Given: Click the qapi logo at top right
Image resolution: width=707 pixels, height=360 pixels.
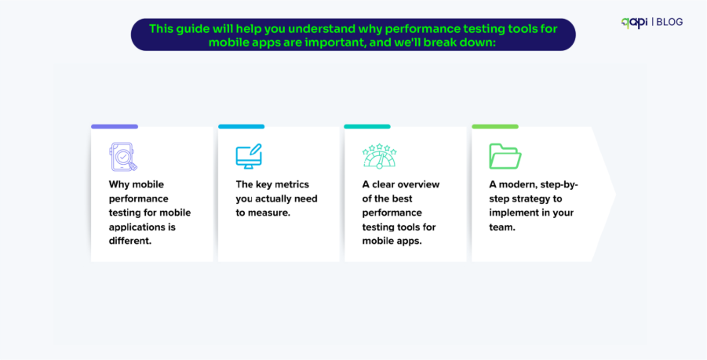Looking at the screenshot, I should click(x=634, y=22).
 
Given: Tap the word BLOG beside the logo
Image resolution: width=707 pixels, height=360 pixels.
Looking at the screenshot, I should click(x=669, y=22).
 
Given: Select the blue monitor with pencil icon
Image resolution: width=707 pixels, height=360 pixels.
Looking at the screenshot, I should click(x=249, y=156).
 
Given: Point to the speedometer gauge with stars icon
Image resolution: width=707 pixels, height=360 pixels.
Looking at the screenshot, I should click(x=379, y=156).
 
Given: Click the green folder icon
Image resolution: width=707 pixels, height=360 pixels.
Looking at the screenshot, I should click(x=505, y=156).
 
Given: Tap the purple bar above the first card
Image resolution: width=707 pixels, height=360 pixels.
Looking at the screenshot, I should click(x=115, y=126).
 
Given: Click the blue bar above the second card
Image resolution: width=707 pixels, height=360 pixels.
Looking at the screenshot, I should click(x=241, y=126).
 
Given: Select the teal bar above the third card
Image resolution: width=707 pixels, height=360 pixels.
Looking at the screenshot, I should click(x=366, y=126).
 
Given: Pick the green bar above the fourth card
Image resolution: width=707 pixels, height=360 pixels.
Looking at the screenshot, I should click(x=494, y=126).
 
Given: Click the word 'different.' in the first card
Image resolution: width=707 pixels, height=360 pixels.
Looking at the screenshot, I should click(x=130, y=241).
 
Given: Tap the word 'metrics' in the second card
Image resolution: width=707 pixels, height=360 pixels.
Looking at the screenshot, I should click(x=286, y=184).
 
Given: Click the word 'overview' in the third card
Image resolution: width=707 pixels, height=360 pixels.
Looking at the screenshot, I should click(x=417, y=184).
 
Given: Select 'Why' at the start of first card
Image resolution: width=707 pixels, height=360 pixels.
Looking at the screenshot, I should click(x=119, y=184).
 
